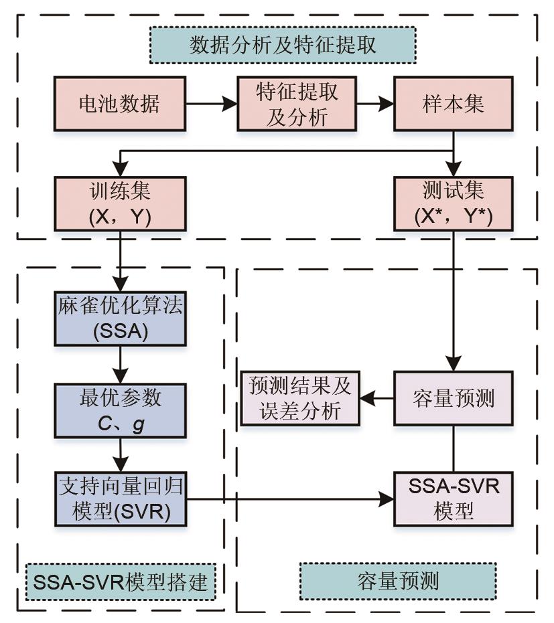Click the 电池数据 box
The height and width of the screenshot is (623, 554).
(120, 104)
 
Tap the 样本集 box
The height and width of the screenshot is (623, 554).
(455, 104)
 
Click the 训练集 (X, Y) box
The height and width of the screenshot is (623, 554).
(120, 203)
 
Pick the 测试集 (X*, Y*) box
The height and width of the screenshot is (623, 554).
(455, 203)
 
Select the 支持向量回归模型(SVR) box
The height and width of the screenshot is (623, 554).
(120, 498)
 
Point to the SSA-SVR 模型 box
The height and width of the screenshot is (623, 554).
(455, 498)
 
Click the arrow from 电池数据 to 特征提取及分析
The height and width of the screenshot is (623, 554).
(211, 104)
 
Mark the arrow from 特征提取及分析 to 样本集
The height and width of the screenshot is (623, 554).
(375, 104)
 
